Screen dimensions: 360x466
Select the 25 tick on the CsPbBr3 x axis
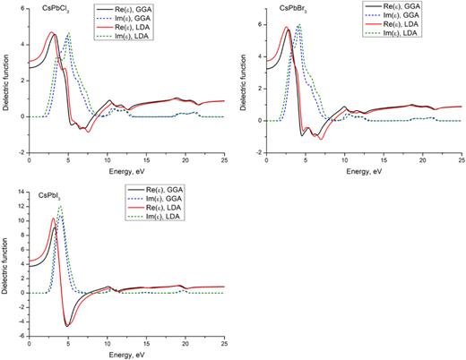tap(462, 162)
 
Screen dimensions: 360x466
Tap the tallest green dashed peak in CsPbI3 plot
tap(60, 206)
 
